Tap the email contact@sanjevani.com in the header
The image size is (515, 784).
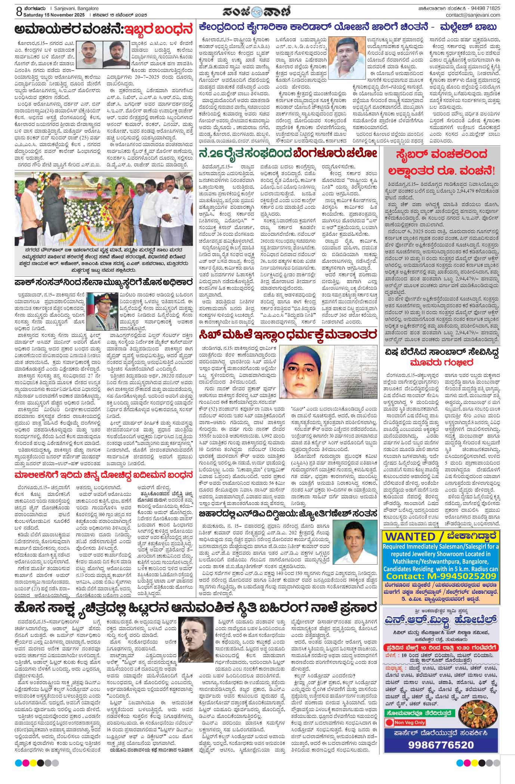tap(473, 15)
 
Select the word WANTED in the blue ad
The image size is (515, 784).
tap(410, 536)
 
